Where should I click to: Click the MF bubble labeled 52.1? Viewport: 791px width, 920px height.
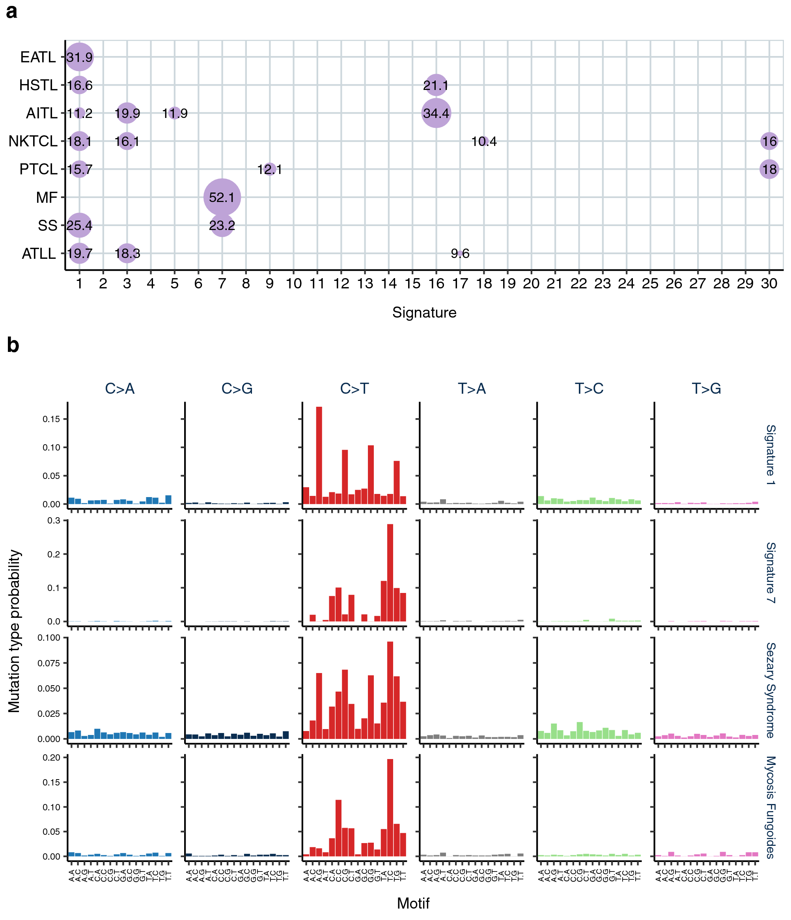click(222, 197)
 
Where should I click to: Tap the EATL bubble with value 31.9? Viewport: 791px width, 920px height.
click(80, 57)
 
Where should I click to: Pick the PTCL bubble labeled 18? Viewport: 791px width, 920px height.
click(769, 169)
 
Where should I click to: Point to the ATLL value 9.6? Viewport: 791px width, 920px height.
click(460, 254)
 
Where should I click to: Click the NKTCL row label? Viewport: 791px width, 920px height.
click(33, 141)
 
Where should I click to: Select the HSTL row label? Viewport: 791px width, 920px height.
click(38, 85)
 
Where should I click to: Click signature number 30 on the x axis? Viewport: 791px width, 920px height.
click(769, 283)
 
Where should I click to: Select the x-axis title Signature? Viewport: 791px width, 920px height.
click(424, 312)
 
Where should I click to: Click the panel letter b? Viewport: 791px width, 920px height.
click(13, 346)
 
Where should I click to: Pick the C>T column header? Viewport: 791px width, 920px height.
click(354, 389)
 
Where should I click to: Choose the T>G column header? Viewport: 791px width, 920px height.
click(706, 389)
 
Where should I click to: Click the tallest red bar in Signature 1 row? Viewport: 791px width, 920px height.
click(319, 455)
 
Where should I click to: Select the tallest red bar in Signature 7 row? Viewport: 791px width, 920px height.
click(390, 573)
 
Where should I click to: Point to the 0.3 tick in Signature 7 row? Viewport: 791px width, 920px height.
click(54, 520)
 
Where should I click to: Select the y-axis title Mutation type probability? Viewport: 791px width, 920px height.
click(15, 631)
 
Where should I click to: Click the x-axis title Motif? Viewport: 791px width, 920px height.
click(413, 903)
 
